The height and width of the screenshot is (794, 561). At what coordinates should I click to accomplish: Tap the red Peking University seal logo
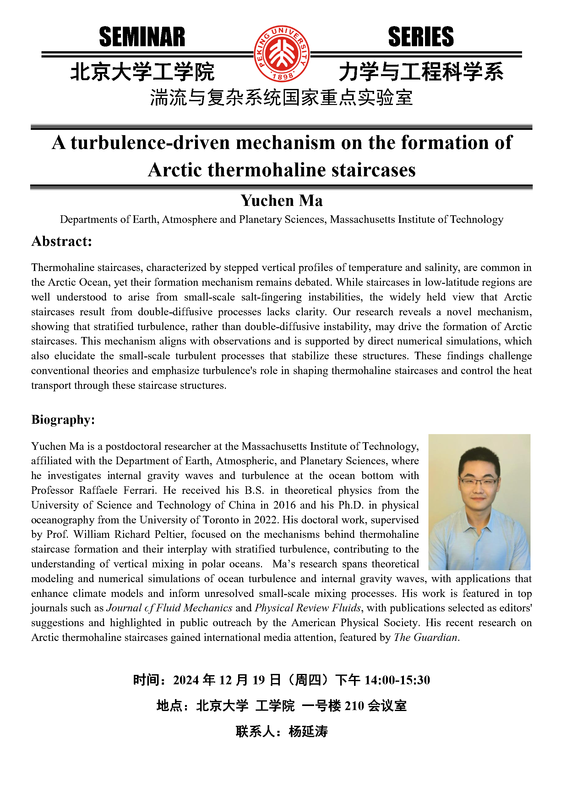[x=282, y=54]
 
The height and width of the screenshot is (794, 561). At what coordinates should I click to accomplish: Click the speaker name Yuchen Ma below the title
[x=282, y=201]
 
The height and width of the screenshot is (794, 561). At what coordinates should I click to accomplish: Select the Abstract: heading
[x=62, y=241]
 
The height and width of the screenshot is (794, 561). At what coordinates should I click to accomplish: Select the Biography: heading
[x=63, y=420]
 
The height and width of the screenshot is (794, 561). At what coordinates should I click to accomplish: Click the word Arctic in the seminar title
[x=175, y=170]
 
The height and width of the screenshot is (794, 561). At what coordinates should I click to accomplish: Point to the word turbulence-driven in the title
[x=150, y=142]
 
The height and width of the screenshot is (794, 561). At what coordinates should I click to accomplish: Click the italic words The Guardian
[x=426, y=637]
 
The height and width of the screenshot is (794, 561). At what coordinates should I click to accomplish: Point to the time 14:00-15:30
[x=397, y=680]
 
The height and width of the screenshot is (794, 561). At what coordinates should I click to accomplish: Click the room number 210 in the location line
[x=354, y=706]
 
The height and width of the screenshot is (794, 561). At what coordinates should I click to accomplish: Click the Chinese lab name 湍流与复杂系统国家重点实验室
[x=281, y=98]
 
